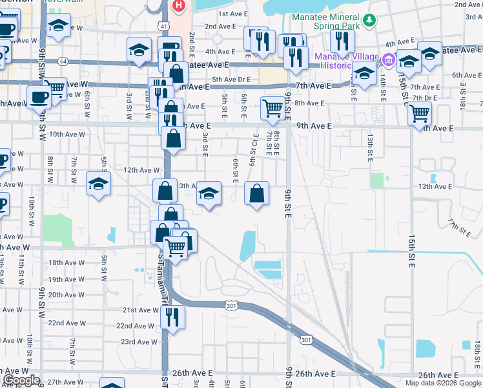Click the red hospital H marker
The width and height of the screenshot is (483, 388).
pyautogui.click(x=178, y=6)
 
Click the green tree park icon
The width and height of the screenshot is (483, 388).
pyautogui.click(x=369, y=21)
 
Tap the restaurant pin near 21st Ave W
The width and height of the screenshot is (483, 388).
pyautogui.click(x=172, y=317)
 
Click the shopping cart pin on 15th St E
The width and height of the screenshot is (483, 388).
pyautogui.click(x=420, y=114)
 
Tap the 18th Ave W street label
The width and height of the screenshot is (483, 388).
pyautogui.click(x=67, y=263)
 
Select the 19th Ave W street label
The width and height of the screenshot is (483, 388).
pyautogui.click(x=67, y=279)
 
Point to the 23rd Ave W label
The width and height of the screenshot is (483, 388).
pyautogui.click(x=136, y=342)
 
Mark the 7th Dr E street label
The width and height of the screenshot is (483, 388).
pyautogui.click(x=425, y=98)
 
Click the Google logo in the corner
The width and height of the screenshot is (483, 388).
pyautogui.click(x=21, y=380)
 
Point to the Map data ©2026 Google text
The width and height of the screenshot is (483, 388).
pyautogui.click(x=444, y=383)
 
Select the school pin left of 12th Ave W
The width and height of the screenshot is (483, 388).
pyautogui.click(x=98, y=184)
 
